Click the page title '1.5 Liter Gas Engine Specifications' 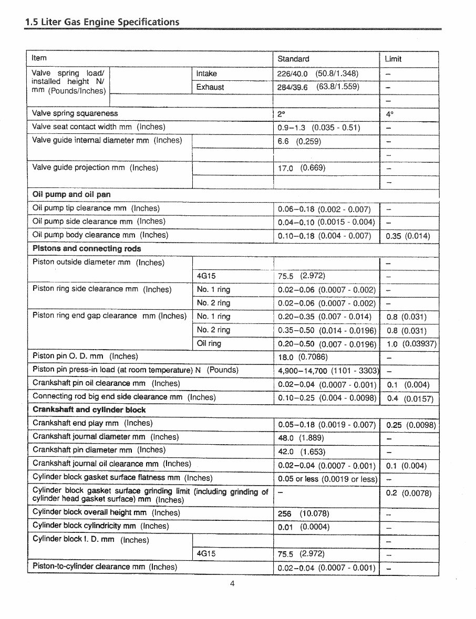(102, 22)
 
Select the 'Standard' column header (293, 59)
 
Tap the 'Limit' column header (393, 59)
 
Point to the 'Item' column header (39, 58)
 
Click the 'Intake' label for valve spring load (206, 74)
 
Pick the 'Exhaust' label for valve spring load (210, 87)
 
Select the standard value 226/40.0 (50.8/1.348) (318, 74)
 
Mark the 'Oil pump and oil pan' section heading (71, 194)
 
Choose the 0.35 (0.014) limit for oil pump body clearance (408, 236)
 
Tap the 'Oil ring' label (209, 343)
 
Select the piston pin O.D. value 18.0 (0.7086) (303, 357)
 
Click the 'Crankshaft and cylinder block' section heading (89, 410)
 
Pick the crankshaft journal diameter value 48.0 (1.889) (301, 437)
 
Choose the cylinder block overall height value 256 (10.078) (304, 513)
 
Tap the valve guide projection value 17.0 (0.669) (302, 168)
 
